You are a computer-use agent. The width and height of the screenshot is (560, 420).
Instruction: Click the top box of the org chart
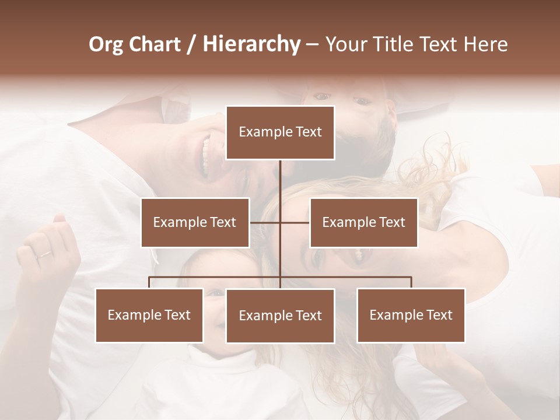click(x=280, y=132)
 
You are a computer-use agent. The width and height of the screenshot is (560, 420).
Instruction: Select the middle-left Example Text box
click(x=195, y=222)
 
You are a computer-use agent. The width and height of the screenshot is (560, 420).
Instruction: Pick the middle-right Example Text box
click(x=363, y=222)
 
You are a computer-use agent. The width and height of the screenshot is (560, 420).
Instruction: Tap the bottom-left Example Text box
click(x=149, y=316)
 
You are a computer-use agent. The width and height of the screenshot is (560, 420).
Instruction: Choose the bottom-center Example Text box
click(x=280, y=316)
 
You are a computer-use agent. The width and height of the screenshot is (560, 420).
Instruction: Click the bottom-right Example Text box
click(x=411, y=316)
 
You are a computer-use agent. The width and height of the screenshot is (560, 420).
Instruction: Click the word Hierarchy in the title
click(x=251, y=44)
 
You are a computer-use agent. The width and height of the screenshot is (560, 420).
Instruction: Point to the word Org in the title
click(x=105, y=44)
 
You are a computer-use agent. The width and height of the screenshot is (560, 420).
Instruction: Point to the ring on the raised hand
click(x=45, y=254)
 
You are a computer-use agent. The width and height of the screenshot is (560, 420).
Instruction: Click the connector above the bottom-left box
click(x=149, y=282)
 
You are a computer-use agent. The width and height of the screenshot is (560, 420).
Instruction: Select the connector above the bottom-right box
click(x=411, y=282)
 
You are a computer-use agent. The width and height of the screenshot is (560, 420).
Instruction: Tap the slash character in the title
click(x=191, y=44)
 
